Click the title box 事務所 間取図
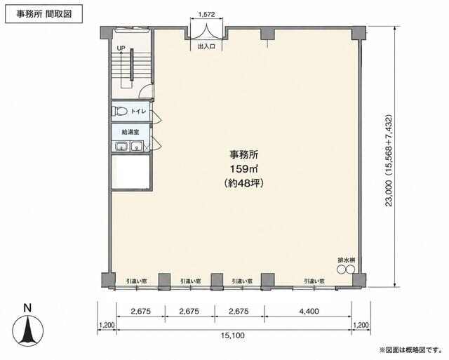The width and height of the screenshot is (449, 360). click(x=43, y=14)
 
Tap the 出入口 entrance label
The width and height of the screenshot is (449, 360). click(x=206, y=46)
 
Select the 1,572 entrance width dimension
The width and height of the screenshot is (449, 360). click(x=206, y=14)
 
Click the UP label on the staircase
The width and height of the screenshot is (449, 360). click(x=121, y=48)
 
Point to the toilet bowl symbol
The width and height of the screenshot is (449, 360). click(x=119, y=111)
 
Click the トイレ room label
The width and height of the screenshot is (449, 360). click(x=138, y=111)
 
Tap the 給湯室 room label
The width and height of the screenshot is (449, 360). click(x=130, y=132)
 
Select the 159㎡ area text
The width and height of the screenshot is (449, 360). click(x=244, y=169)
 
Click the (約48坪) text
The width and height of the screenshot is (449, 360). click(x=244, y=182)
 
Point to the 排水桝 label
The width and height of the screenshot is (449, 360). click(x=346, y=260)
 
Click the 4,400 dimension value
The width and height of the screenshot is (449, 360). click(x=309, y=311)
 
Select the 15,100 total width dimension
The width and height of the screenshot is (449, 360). click(x=233, y=335)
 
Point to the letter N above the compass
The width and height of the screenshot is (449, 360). click(x=27, y=308)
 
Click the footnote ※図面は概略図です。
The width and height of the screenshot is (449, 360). click(x=410, y=349)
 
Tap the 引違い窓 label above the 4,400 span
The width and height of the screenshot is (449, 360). click(x=314, y=281)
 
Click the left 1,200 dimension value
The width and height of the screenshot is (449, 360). click(x=107, y=325)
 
